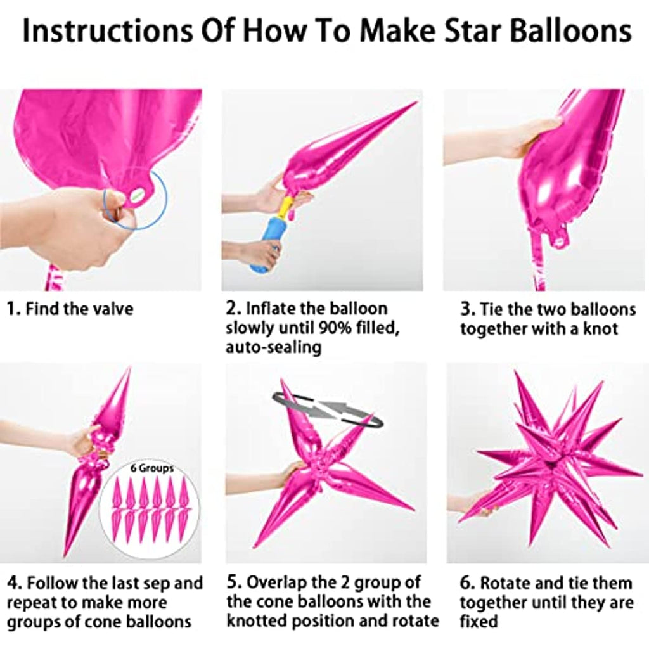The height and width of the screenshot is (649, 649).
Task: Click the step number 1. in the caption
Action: click(x=14, y=309)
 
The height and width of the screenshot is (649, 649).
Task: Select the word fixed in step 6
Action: click(x=479, y=621)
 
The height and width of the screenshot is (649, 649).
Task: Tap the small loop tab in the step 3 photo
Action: click(x=558, y=238)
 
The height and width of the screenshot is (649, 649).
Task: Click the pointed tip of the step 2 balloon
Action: click(x=415, y=103)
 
